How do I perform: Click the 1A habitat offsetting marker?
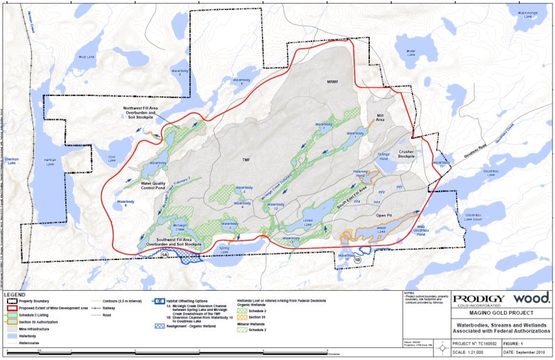(x=164, y=254)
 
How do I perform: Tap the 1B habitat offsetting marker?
(x=357, y=259)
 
